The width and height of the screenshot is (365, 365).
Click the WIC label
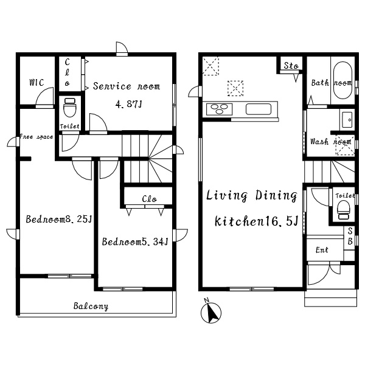36,82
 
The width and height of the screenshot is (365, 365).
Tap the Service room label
127,86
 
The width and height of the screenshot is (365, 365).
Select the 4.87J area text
128,104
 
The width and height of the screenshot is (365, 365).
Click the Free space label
36,137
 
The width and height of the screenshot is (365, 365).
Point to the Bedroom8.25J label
59,219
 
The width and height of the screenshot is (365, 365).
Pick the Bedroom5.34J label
135,242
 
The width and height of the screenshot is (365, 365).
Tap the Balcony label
91,306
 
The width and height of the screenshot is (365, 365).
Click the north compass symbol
210,311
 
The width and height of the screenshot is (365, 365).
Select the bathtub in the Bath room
342,80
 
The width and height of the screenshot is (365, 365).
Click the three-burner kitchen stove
219,109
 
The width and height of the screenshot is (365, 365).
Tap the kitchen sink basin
259,109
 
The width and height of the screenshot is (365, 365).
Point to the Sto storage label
291,66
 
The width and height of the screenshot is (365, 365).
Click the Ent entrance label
322,250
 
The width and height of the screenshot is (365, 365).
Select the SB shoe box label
350,236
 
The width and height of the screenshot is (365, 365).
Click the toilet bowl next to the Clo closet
70,108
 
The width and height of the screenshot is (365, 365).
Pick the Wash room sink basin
347,120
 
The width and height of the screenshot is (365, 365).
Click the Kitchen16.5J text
256,221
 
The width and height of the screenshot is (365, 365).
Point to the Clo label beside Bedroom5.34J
149,199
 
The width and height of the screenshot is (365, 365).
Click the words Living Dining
252,195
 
